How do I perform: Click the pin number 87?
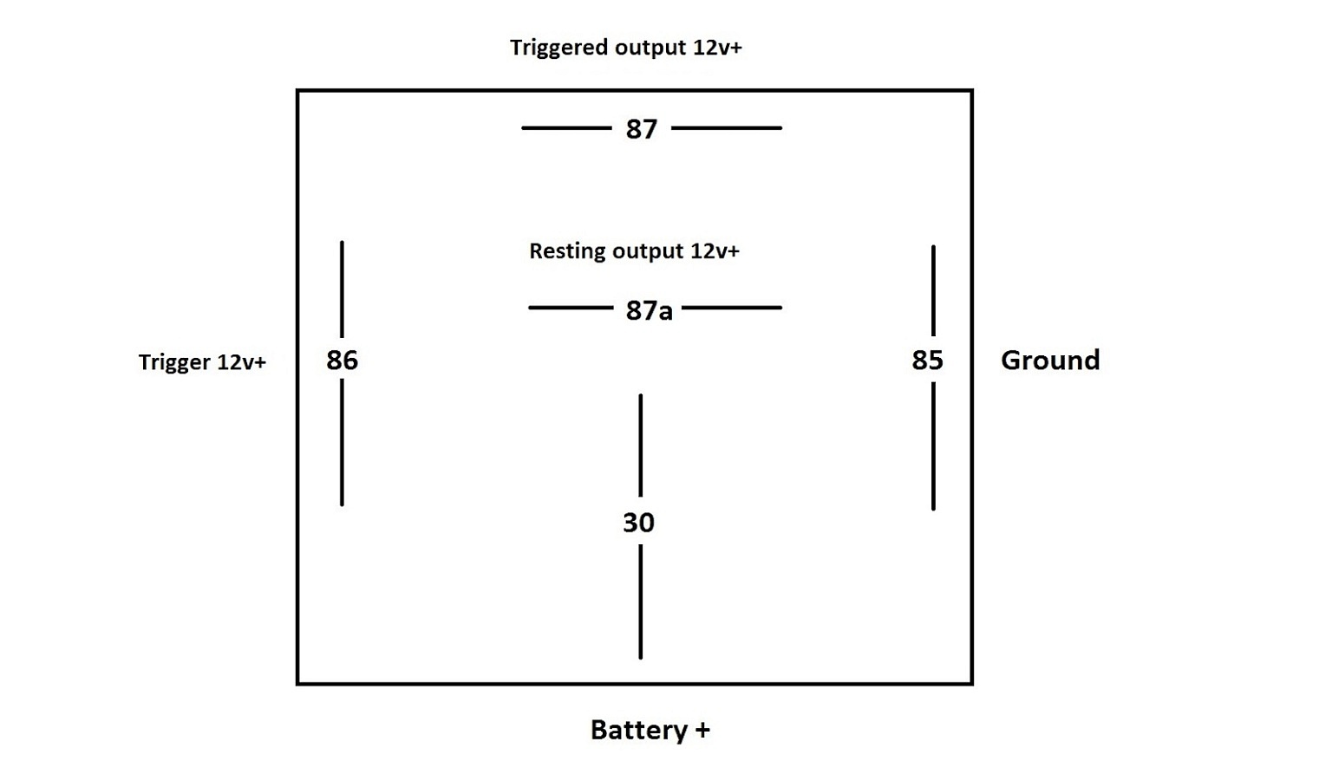[641, 129]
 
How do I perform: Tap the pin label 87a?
[649, 310]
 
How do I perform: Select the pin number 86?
[342, 360]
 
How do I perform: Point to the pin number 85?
[927, 360]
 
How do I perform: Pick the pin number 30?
[639, 523]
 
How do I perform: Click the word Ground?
[1050, 360]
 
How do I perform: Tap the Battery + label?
[650, 730]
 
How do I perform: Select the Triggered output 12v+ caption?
[625, 47]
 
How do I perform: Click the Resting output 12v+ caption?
[634, 251]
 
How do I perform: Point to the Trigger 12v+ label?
[202, 362]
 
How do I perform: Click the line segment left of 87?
[566, 128]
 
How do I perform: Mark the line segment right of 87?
[727, 128]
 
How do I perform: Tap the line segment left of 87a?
[571, 308]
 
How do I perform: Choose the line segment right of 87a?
[732, 308]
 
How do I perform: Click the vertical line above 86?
[342, 289]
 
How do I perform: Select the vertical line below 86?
[342, 443]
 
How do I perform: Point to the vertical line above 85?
[933, 290]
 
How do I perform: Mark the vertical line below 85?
[933, 446]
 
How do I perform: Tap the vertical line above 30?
[641, 446]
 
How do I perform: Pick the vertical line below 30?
[641, 602]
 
